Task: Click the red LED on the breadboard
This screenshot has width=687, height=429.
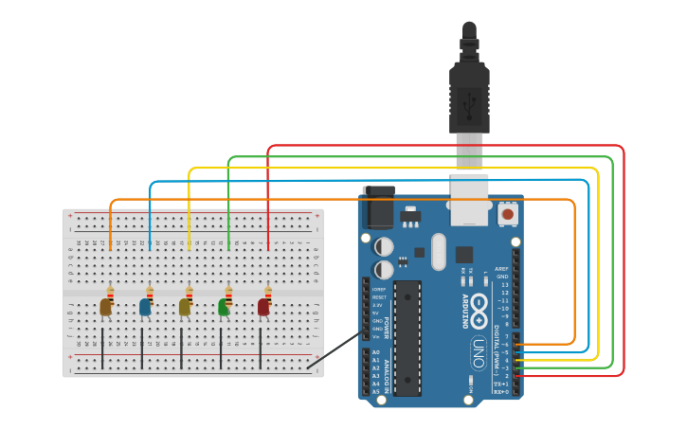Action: tap(263, 307)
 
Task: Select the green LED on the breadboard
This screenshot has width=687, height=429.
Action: tap(224, 307)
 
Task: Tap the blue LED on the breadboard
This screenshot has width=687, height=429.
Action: tap(145, 307)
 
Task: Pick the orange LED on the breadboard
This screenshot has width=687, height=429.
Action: tap(105, 307)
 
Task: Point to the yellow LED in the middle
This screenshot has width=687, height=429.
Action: tap(185, 307)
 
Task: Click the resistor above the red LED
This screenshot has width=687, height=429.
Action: tap(268, 293)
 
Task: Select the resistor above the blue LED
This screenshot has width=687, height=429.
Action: tap(150, 293)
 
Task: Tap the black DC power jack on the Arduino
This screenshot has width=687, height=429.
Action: tap(379, 207)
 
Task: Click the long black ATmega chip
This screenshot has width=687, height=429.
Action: tap(407, 337)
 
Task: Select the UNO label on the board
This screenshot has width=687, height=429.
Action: tap(479, 349)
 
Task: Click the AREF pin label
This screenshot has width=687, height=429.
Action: tap(502, 268)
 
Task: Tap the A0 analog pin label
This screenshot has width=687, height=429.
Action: tap(376, 352)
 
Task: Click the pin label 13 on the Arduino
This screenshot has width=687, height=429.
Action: tap(504, 284)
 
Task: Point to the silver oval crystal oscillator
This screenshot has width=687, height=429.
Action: tap(437, 252)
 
